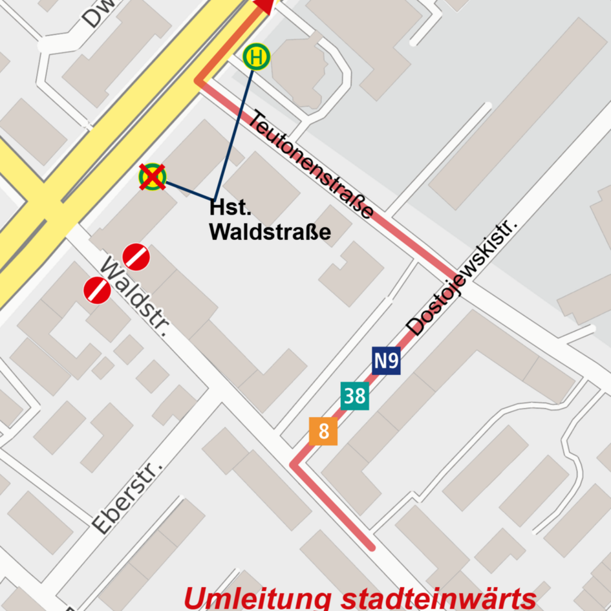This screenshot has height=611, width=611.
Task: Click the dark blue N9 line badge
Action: (x=386, y=361)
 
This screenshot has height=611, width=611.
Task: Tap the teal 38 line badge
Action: (x=355, y=396)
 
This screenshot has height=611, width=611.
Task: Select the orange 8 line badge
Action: (x=323, y=431)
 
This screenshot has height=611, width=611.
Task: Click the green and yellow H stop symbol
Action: (x=256, y=58)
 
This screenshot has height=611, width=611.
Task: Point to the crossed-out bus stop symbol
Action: (x=153, y=177)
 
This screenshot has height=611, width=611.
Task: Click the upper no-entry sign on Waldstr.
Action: (x=136, y=257)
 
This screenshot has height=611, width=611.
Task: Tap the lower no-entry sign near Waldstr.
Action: (x=98, y=290)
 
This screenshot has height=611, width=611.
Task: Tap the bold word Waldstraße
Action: (x=270, y=232)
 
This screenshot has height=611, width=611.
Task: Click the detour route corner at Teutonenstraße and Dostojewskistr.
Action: (x=456, y=273)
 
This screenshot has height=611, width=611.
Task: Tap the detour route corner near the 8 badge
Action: (x=294, y=465)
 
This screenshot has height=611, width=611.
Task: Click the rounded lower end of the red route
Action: (x=371, y=547)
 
